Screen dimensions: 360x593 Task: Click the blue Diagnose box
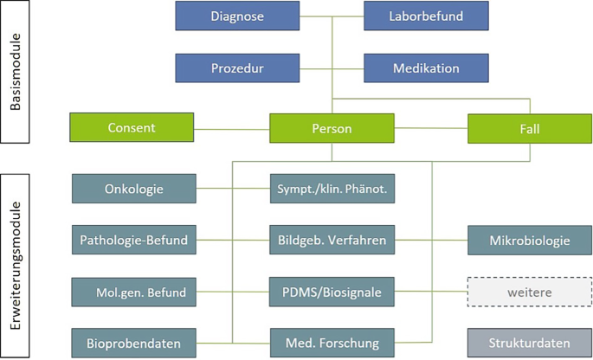click(x=237, y=16)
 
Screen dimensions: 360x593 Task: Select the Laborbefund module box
click(x=426, y=16)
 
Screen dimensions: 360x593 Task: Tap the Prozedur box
click(x=237, y=68)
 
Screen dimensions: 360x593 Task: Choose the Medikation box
click(x=426, y=68)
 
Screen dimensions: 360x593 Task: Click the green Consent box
click(x=132, y=128)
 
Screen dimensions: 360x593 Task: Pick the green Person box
click(x=332, y=128)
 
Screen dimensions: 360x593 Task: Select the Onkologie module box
click(x=134, y=188)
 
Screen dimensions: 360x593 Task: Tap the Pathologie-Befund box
click(x=134, y=240)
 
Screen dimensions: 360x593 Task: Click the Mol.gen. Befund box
click(x=134, y=292)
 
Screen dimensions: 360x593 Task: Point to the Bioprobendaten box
click(x=134, y=344)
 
